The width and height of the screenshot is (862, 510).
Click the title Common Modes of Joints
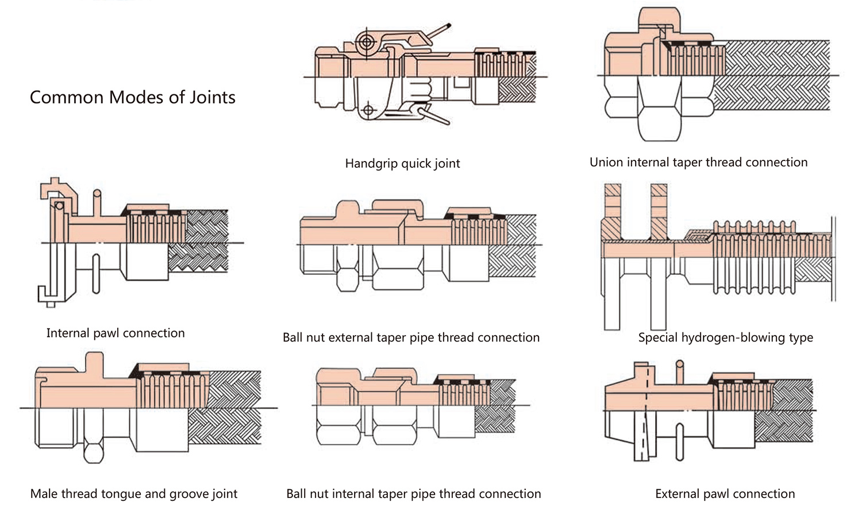click(x=132, y=97)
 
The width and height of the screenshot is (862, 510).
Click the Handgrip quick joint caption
click(x=402, y=163)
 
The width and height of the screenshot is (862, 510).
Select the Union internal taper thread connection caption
click(x=698, y=162)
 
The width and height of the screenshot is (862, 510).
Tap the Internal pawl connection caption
click(x=116, y=333)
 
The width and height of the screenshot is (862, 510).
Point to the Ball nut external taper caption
click(x=411, y=338)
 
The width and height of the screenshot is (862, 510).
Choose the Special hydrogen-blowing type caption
click(x=725, y=338)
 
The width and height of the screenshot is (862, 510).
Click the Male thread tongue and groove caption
click(x=133, y=493)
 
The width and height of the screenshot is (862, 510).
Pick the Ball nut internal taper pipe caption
click(x=413, y=493)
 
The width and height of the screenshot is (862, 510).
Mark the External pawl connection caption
click(x=725, y=493)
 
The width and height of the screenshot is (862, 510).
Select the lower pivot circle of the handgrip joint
click(x=368, y=110)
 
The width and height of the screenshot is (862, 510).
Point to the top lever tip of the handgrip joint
click(x=449, y=25)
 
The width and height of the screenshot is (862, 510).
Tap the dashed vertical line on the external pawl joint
click(x=646, y=411)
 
